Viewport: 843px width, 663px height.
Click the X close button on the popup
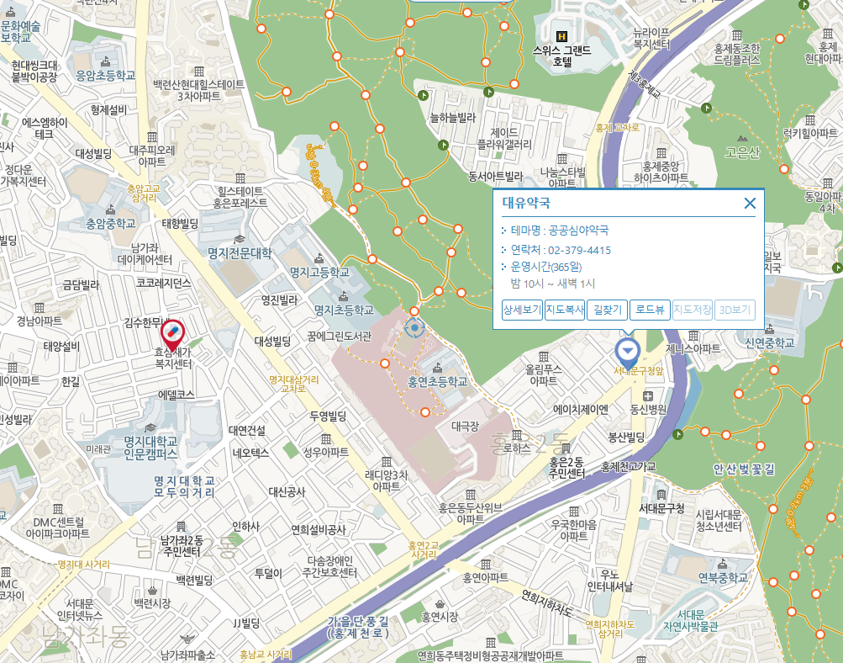(x=750, y=203)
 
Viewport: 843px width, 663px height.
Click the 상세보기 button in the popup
(x=521, y=310)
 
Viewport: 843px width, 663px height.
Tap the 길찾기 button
(x=606, y=310)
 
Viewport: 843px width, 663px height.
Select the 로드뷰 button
(x=649, y=310)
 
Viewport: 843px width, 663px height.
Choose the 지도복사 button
(x=564, y=310)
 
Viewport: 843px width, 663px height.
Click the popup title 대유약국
(x=526, y=203)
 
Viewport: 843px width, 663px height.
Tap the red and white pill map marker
(x=173, y=333)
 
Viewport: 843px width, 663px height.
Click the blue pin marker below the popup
(x=627, y=349)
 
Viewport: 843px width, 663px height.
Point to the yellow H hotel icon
(x=563, y=36)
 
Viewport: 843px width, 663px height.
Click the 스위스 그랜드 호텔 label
(x=563, y=56)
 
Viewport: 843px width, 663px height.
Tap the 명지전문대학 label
(x=240, y=252)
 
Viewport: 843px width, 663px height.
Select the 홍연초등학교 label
(x=436, y=381)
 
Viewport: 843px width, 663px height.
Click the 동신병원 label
(x=648, y=409)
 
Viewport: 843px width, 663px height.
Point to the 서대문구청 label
(x=661, y=508)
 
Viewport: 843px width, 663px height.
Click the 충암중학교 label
(x=110, y=224)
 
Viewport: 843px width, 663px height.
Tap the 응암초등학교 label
(x=105, y=75)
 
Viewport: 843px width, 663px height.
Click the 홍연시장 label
(x=440, y=617)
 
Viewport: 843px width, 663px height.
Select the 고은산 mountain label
(x=742, y=151)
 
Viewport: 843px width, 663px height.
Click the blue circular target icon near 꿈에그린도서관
(x=414, y=327)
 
